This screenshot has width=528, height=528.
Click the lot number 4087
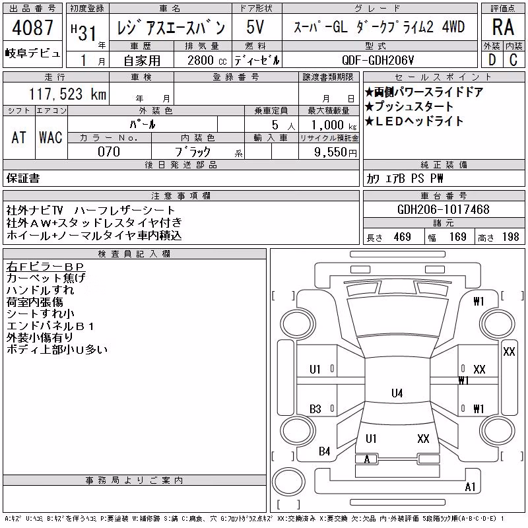tap(32, 27)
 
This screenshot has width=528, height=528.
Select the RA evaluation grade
tap(503, 27)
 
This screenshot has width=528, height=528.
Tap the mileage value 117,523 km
tap(68, 94)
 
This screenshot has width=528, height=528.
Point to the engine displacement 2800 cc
tap(207, 60)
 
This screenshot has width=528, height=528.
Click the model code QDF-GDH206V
tap(378, 60)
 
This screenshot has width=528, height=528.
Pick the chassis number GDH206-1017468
tap(443, 209)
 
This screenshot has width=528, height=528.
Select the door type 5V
tap(255, 27)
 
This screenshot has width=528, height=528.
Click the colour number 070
tap(109, 152)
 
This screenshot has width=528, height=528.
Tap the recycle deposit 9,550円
tap(335, 152)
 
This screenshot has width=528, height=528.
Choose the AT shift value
tap(18, 137)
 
